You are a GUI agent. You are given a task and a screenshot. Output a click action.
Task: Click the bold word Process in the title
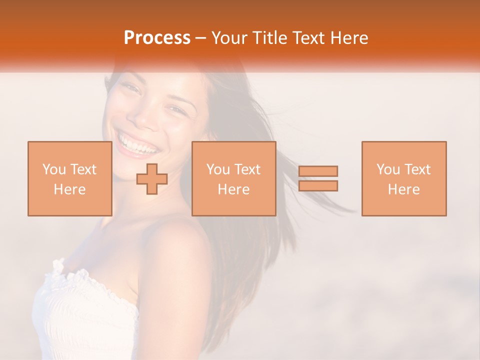tap(157, 38)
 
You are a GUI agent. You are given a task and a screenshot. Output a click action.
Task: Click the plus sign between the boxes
tap(152, 178)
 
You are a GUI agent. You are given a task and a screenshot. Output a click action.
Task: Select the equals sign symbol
tap(318, 178)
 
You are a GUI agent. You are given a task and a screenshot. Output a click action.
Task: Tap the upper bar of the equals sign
tap(318, 171)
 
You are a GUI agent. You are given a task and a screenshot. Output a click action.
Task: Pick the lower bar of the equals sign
tap(318, 185)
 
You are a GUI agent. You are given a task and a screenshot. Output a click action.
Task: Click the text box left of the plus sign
tap(69, 178)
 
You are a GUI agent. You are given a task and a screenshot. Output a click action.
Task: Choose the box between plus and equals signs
tap(233, 178)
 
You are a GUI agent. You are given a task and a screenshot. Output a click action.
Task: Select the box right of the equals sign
tap(403, 178)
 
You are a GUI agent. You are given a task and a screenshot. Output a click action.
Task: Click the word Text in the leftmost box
tap(82, 169)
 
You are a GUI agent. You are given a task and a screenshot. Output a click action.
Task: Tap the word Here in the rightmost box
tap(403, 189)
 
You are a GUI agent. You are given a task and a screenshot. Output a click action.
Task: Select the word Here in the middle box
tap(233, 189)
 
